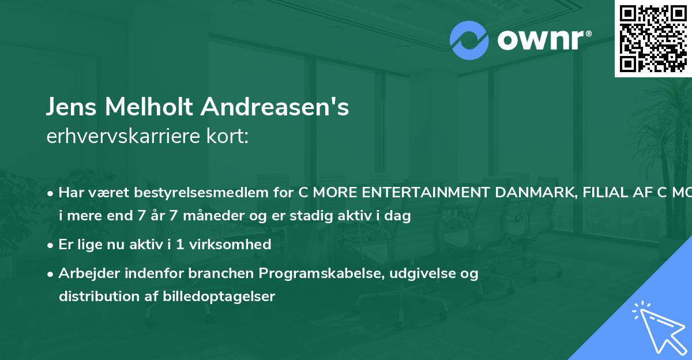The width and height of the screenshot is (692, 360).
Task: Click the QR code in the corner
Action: (653, 38)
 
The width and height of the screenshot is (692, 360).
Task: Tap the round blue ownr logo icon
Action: (469, 40)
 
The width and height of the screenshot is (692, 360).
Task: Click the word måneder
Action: (188, 216)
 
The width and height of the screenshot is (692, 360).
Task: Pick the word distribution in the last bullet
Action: (93, 297)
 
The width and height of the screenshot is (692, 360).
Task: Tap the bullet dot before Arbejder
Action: (51, 274)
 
